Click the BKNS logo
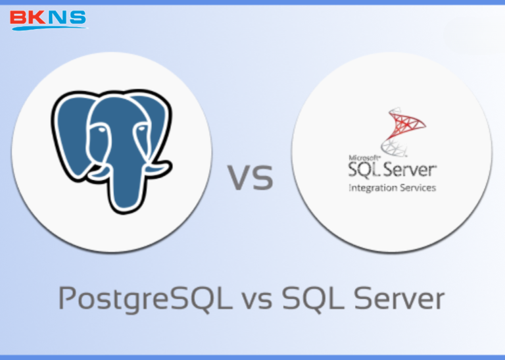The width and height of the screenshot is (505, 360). pos(48,18)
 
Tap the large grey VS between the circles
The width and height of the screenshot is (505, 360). pos(251,178)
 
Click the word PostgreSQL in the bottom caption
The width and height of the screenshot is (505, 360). pos(143,299)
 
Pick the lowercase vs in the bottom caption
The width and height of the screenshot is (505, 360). pos(257,301)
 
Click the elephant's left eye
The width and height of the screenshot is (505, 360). pos(99,132)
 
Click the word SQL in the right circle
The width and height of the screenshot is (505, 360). pos(364,170)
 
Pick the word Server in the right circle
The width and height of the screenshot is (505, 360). pos(410,170)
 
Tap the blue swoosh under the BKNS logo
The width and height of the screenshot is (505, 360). pos(49,28)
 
